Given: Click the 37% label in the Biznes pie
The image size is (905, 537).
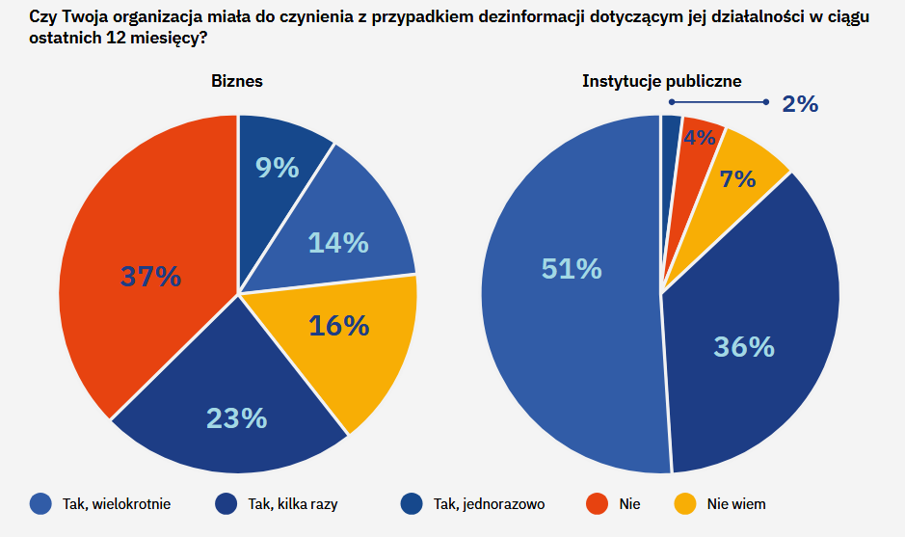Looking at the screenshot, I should click(150, 277).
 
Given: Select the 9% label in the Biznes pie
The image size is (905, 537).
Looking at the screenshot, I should click(277, 168).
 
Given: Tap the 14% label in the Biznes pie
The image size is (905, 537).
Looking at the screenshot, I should click(338, 243).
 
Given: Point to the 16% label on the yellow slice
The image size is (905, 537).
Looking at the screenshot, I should click(338, 326).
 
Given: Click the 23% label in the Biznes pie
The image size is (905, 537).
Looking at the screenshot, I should click(236, 417).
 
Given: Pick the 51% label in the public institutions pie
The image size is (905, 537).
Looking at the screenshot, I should click(572, 269).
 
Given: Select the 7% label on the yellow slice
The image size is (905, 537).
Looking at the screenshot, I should click(737, 178).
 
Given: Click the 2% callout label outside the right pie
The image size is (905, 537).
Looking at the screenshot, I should click(800, 104).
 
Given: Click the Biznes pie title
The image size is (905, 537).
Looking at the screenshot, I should click(237, 81).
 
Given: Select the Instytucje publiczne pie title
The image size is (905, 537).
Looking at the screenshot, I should click(661, 81).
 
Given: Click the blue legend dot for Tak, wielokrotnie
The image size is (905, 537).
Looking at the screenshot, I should click(40, 503).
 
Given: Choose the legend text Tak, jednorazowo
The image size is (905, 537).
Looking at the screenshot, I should click(489, 503).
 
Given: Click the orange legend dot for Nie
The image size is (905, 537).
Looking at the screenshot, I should click(598, 503).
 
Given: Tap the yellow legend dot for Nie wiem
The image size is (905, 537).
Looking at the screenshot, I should click(684, 503).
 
